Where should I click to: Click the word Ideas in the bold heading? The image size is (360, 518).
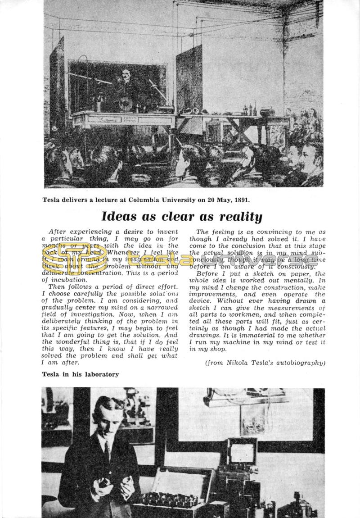117,217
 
